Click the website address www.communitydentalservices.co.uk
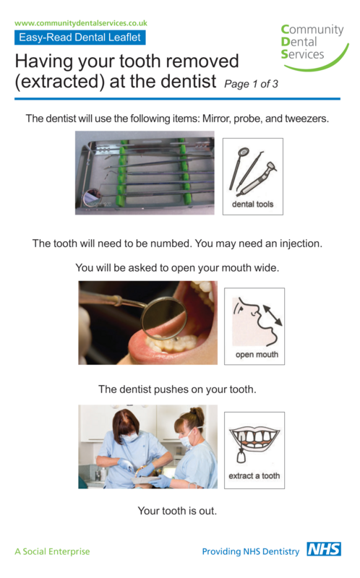(x=81, y=23)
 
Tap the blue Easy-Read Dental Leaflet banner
(x=80, y=38)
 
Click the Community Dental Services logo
(x=312, y=45)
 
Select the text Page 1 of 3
(x=251, y=84)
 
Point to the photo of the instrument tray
(x=145, y=173)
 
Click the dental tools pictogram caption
(x=252, y=204)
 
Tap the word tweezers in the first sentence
(x=304, y=118)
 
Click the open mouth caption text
(x=256, y=355)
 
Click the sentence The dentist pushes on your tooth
(x=177, y=389)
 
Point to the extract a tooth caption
(x=254, y=476)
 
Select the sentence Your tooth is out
(x=177, y=511)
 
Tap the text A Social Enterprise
(x=52, y=551)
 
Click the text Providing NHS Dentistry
(x=250, y=551)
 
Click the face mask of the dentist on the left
(x=129, y=437)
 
